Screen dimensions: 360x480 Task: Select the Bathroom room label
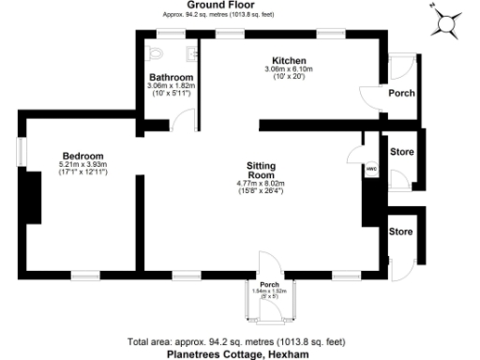click(x=172, y=77)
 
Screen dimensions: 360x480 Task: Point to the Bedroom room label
click(x=82, y=156)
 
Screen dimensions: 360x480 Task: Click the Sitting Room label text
click(x=253, y=168)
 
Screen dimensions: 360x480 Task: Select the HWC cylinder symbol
click(x=371, y=169)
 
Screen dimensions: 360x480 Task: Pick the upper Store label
click(x=401, y=151)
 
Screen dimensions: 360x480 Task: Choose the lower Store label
click(x=401, y=231)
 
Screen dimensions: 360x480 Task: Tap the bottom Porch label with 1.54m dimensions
click(x=269, y=285)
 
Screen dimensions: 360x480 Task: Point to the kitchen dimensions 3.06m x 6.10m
click(x=289, y=69)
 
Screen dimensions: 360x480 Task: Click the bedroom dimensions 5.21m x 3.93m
click(x=82, y=165)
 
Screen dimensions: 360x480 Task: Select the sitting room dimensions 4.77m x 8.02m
click(x=253, y=186)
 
